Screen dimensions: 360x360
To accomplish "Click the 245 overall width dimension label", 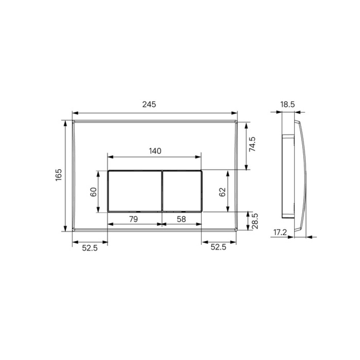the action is click(x=149, y=104).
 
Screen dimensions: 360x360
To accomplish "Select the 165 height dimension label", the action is click(x=59, y=175).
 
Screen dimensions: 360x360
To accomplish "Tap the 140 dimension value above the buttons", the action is click(x=155, y=151).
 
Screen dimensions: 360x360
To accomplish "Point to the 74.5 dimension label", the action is click(x=252, y=144).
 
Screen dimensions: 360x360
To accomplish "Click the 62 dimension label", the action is click(x=222, y=192).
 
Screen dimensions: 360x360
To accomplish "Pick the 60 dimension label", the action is click(x=94, y=192).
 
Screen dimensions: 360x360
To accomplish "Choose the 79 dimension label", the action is click(x=134, y=219).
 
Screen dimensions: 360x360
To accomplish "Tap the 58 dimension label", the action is click(x=181, y=219).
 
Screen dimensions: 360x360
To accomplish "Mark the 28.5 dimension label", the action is click(x=255, y=221).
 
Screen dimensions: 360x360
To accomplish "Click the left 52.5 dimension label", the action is click(x=90, y=248).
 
